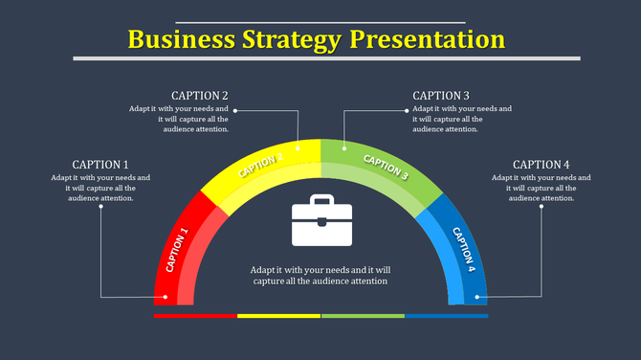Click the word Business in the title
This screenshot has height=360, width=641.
pyautogui.click(x=182, y=39)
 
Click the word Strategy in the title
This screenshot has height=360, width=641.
pyautogui.click(x=293, y=39)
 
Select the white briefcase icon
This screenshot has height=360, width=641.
pyautogui.click(x=321, y=222)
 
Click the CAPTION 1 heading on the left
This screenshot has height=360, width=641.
pyautogui.click(x=100, y=165)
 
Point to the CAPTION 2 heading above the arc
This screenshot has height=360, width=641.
pyautogui.click(x=199, y=96)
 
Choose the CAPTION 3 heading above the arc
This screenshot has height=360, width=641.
pyautogui.click(x=441, y=96)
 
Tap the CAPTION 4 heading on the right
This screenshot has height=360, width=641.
pyautogui.click(x=542, y=165)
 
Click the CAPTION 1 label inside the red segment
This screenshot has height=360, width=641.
pyautogui.click(x=178, y=250)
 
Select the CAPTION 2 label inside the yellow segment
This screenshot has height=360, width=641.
pyautogui.click(x=260, y=165)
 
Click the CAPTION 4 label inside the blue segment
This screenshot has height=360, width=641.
pyautogui.click(x=464, y=250)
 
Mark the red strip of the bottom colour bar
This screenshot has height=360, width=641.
pyautogui.click(x=195, y=315)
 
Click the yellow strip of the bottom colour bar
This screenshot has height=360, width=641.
pyautogui.click(x=278, y=315)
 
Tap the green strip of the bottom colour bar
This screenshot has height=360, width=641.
pyautogui.click(x=363, y=315)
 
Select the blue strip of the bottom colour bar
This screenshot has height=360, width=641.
pyautogui.click(x=446, y=315)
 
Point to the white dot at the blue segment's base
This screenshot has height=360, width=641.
pyautogui.click(x=475, y=297)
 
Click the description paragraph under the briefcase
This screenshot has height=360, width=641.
pyautogui.click(x=320, y=276)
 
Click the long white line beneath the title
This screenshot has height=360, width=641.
pyautogui.click(x=326, y=58)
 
